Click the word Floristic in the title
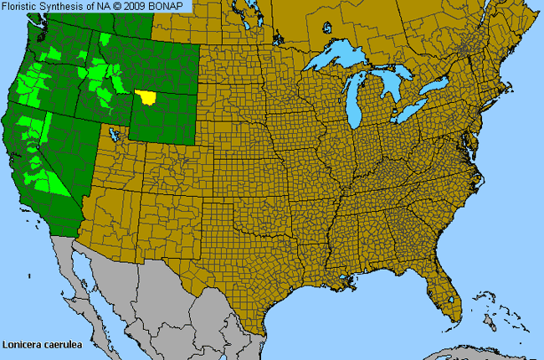click(x=23, y=6)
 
